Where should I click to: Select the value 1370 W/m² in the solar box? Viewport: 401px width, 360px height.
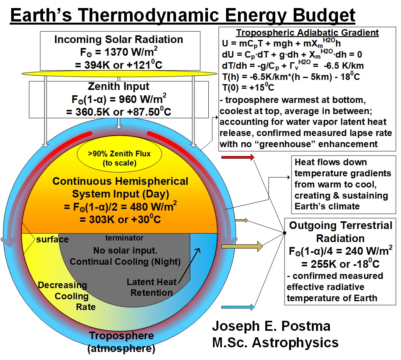tap(131, 52)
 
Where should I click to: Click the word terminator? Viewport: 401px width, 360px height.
tap(124, 238)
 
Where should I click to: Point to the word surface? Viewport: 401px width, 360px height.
tap(52, 239)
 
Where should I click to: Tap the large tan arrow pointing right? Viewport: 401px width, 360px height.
tap(242, 246)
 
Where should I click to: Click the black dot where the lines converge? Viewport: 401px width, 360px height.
tap(285, 233)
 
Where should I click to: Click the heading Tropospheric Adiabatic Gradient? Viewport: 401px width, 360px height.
tap(307, 33)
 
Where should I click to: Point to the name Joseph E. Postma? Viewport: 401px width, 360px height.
tap(271, 326)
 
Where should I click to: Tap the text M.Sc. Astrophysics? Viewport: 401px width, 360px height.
tap(275, 342)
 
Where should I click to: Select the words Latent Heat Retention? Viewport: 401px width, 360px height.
tap(151, 287)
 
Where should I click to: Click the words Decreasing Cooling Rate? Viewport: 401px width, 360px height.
tap(67, 296)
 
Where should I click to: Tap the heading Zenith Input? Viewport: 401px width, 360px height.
tap(119, 86)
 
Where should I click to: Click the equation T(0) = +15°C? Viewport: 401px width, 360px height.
tap(248, 88)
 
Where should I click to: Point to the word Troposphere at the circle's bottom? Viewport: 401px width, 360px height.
tap(121, 335)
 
